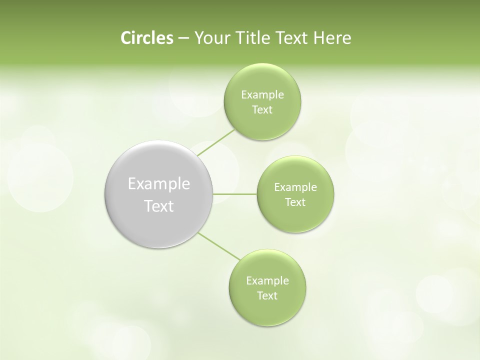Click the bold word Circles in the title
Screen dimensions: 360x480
[146, 38]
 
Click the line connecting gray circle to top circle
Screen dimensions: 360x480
[216, 142]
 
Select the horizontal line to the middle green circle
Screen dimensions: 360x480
[234, 193]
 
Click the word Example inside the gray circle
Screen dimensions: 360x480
[159, 184]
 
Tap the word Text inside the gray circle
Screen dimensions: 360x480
[159, 206]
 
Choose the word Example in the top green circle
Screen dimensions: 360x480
[262, 95]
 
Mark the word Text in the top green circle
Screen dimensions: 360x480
[262, 110]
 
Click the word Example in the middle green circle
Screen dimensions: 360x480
[295, 187]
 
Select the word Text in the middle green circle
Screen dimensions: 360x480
[295, 202]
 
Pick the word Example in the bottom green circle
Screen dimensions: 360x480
[267, 281]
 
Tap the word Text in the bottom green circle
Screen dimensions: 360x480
[267, 296]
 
